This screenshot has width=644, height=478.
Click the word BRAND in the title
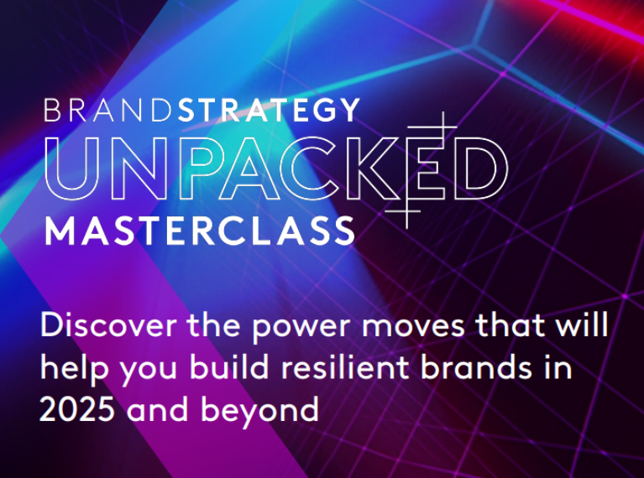[108, 110]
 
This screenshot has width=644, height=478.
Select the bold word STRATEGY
[270, 110]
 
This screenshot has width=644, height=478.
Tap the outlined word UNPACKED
[276, 169]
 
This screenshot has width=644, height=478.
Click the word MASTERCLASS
[199, 231]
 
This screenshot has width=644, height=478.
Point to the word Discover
[108, 325]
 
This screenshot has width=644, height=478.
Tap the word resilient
[345, 366]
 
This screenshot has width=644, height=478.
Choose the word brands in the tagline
[476, 366]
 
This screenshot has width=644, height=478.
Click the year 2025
[77, 409]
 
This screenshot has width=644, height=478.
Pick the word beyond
[259, 410]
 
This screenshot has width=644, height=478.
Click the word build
[229, 366]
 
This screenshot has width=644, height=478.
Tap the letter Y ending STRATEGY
[349, 110]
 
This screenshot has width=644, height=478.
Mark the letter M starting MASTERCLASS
[60, 231]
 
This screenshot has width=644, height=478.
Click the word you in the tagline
[149, 371]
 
